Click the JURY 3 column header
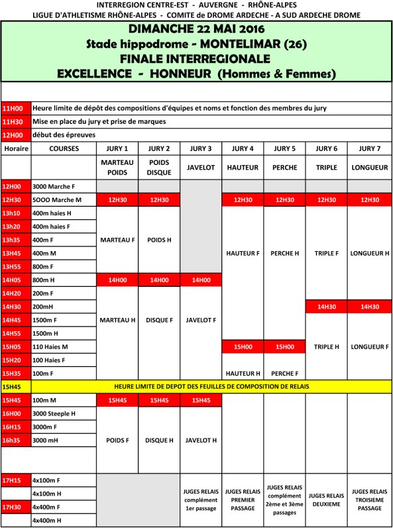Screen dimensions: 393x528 pos(201,148)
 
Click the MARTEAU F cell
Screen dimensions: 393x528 pos(117,240)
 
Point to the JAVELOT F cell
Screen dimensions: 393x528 pos(201,320)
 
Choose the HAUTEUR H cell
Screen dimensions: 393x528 pos(243,373)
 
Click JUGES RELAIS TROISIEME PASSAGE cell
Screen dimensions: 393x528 pos(369,500)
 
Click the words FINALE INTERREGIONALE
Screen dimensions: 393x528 pos(196,58)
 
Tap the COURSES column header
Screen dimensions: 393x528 pos(64,148)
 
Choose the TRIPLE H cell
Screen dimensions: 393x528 pos(327,346)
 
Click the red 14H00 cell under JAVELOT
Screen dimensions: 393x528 pos(201,280)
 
